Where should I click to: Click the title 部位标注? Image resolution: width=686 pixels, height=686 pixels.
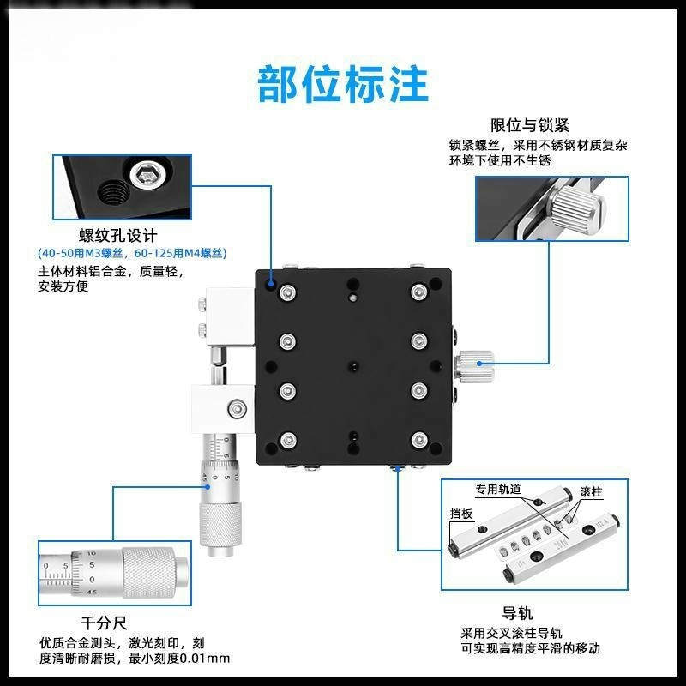coord(343,83)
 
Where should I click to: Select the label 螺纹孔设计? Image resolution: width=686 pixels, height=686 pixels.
coord(118,235)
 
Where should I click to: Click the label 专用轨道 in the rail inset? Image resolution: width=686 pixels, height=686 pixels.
coord(498,490)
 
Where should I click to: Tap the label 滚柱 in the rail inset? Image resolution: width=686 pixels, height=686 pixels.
coord(591,492)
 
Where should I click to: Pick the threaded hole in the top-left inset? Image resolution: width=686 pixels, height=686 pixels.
coord(111,195)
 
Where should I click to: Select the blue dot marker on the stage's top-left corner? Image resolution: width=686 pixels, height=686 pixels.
coord(272,281)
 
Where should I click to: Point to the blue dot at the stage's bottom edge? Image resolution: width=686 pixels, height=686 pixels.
coord(397,470)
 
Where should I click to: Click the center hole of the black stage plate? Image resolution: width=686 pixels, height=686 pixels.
coord(352,366)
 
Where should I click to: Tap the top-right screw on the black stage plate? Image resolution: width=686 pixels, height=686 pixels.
coord(418,293)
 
